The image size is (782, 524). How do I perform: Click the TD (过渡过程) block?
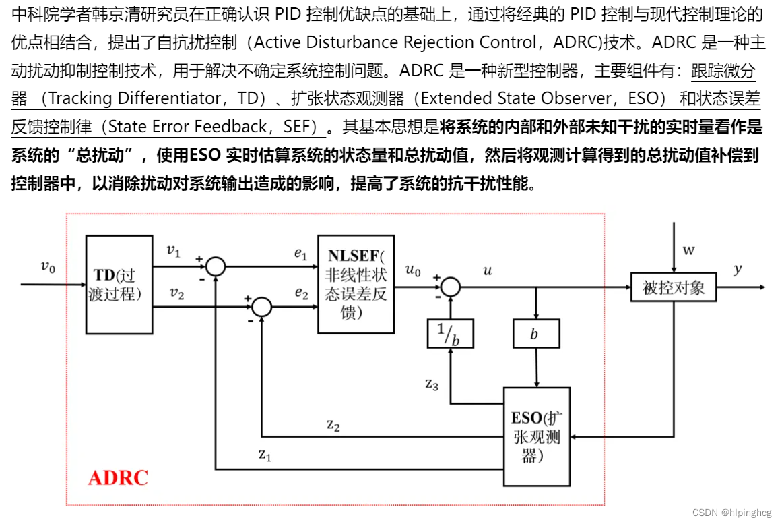(x=120, y=285)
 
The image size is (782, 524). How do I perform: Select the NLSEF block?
(x=356, y=284)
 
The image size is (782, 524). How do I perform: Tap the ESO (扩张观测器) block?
(x=537, y=436)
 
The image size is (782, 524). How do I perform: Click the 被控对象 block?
(x=673, y=288)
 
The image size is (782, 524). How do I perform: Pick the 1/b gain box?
(x=450, y=334)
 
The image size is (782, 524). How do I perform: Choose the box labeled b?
(x=536, y=334)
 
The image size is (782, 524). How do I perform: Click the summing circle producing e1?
(x=216, y=266)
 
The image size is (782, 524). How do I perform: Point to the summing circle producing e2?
(x=261, y=308)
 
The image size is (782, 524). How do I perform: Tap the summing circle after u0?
(x=451, y=287)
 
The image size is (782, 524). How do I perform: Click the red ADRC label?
(x=118, y=478)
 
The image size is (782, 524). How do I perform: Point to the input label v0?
(x=47, y=267)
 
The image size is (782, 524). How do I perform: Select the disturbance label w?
(x=688, y=251)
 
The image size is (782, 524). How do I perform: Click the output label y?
(x=738, y=268)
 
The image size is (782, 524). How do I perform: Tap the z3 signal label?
(x=432, y=384)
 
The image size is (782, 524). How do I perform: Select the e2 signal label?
(x=300, y=293)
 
